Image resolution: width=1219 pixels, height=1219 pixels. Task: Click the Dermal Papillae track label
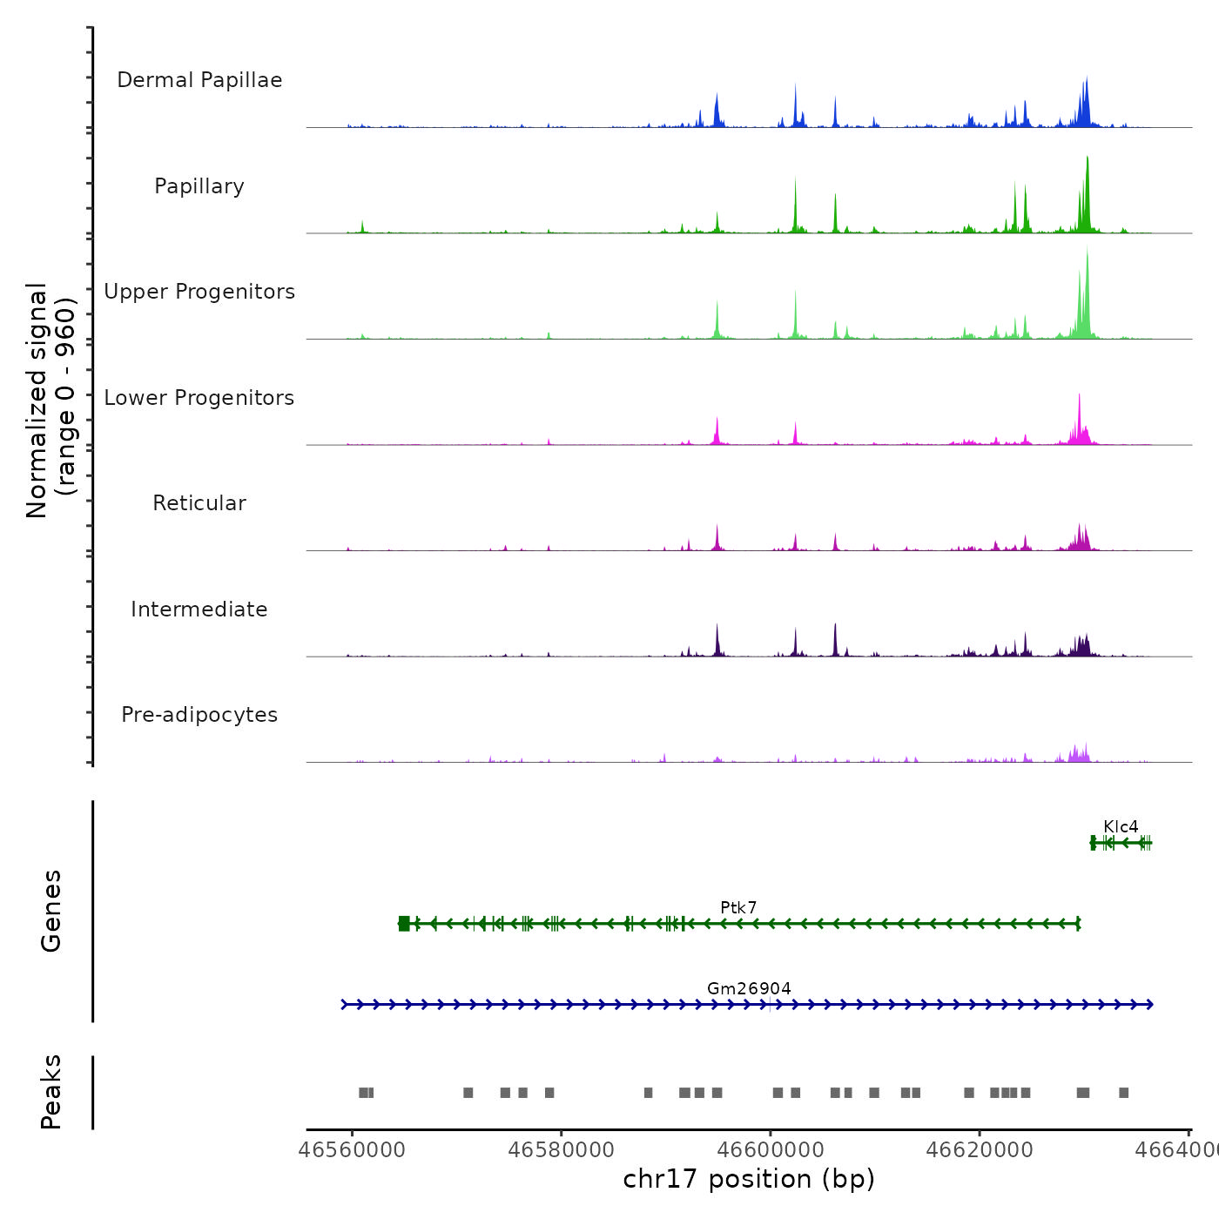pos(199,80)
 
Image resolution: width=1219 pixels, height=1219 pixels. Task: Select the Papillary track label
pos(199,186)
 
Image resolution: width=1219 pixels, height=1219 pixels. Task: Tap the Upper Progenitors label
pos(199,292)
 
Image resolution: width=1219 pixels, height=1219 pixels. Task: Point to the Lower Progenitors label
pos(199,398)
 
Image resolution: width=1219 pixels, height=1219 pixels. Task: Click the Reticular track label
pos(199,503)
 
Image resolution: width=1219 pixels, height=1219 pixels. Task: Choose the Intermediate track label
pos(199,609)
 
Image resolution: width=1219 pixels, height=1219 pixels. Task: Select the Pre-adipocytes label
pos(199,715)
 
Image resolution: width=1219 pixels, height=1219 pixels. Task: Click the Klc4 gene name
pos(1121,826)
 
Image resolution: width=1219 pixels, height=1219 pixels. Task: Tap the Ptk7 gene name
pos(738,907)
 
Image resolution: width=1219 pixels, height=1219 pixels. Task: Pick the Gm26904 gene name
pos(749,988)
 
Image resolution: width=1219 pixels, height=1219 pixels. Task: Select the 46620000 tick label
pos(980,1149)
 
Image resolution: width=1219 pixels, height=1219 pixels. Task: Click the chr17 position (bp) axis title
pos(749,1179)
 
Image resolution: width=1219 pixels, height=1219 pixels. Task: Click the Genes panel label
pos(51,911)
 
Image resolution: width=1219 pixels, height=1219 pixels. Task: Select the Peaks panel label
pos(51,1092)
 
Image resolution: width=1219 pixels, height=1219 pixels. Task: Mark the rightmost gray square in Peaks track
pos(1123,1093)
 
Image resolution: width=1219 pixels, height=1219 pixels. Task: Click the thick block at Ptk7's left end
pos(404,923)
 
